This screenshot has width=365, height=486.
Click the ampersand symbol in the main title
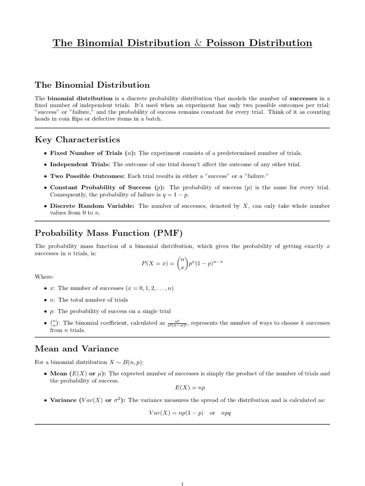pyautogui.click(x=196, y=43)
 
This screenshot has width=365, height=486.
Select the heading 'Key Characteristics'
pyautogui.click(x=77, y=140)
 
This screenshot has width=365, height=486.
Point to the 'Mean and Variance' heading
pyautogui.click(x=77, y=349)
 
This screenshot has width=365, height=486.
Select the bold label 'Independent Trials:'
pyautogui.click(x=80, y=164)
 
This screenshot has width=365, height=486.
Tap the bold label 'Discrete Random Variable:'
pyautogui.click(x=92, y=206)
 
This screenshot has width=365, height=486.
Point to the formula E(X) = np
pyautogui.click(x=182, y=388)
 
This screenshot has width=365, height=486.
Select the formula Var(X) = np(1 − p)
pyautogui.click(x=176, y=413)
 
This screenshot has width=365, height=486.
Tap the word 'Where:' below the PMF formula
pyautogui.click(x=44, y=277)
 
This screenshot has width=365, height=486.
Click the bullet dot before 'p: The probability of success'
pyautogui.click(x=45, y=312)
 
